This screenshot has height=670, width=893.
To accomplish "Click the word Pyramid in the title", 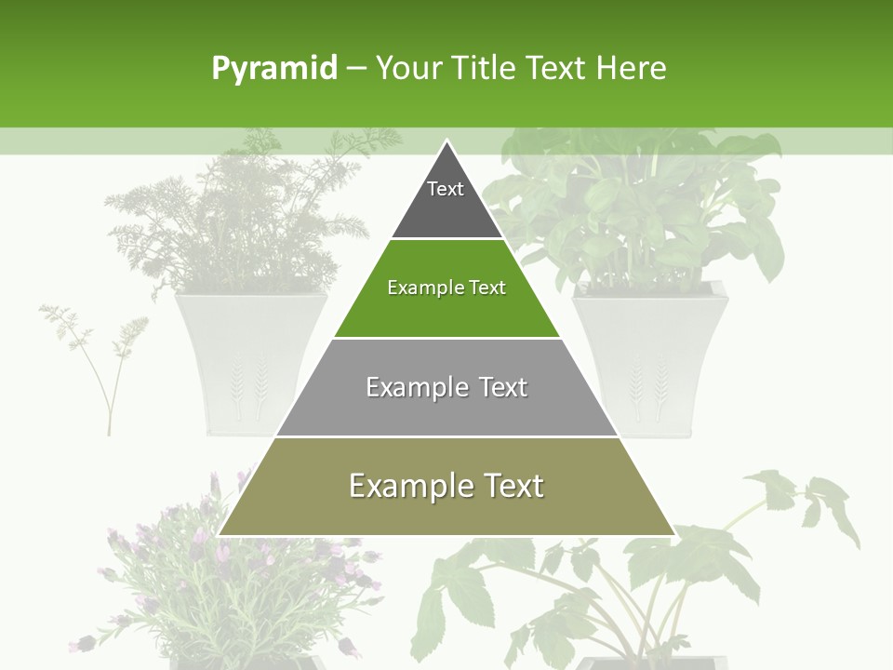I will tap(274, 69).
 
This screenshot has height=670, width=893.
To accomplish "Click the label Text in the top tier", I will tap(446, 189).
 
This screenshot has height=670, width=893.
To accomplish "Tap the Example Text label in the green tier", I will tap(446, 288).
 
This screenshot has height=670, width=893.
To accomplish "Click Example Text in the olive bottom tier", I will tap(446, 486).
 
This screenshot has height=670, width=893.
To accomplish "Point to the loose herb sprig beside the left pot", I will tap(102, 354).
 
